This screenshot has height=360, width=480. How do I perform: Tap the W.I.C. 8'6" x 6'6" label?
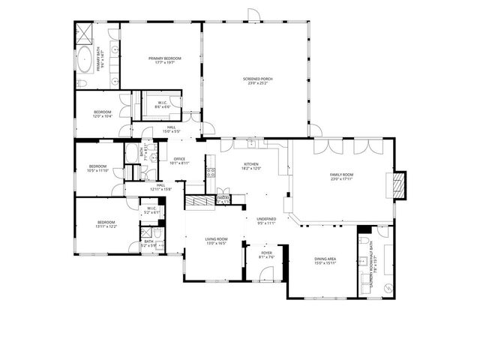point(163,105)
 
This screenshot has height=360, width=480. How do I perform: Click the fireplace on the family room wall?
point(400,184)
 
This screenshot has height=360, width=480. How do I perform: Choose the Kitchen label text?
point(250,166)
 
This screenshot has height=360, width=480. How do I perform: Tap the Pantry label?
point(223,199)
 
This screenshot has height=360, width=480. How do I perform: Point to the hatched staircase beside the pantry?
point(200,200)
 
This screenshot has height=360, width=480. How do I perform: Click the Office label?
point(179,160)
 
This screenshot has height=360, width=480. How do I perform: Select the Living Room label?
point(216,241)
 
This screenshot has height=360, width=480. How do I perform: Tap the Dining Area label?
point(325,260)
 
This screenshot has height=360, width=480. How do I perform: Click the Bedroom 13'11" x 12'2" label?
point(106,223)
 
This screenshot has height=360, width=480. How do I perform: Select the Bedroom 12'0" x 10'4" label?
point(103,114)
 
